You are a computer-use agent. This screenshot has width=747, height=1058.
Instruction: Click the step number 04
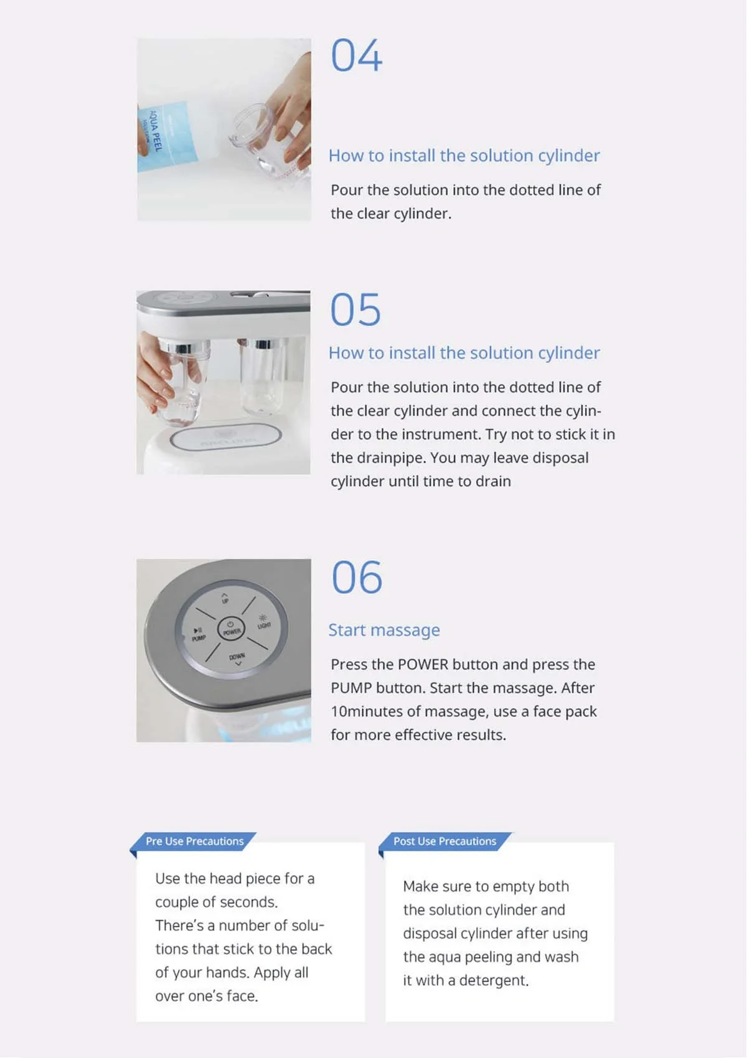[356, 56]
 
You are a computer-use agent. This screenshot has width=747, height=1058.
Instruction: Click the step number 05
[355, 309]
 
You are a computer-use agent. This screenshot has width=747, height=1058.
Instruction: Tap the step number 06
[356, 578]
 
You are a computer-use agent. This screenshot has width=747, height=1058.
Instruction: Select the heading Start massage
[384, 630]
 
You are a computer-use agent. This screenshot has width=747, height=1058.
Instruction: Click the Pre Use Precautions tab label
[194, 841]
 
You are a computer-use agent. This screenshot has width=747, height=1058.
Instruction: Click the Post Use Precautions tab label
[444, 841]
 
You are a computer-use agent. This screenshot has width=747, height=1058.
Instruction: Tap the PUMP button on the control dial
[199, 634]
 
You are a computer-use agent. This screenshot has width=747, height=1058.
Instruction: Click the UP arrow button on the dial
[225, 597]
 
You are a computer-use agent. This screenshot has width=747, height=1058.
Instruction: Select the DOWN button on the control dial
[237, 659]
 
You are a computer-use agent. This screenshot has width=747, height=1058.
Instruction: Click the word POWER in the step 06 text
[423, 665]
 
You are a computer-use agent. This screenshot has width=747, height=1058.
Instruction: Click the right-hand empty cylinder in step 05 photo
[263, 377]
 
